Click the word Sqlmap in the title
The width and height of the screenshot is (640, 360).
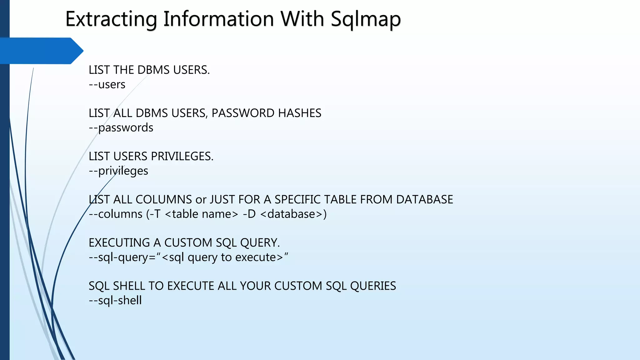pos(366,19)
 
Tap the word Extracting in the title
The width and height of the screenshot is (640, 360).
pos(111,19)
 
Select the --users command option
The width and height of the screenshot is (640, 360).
pos(107,84)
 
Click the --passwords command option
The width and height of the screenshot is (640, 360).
pos(121,127)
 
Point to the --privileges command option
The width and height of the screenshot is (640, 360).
pos(118,171)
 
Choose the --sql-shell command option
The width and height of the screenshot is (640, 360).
pos(115,300)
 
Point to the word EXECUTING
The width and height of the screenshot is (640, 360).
pos(119,243)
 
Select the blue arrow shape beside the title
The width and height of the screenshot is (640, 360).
pos(41,51)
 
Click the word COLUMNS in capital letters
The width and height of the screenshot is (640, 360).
pos(163,199)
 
